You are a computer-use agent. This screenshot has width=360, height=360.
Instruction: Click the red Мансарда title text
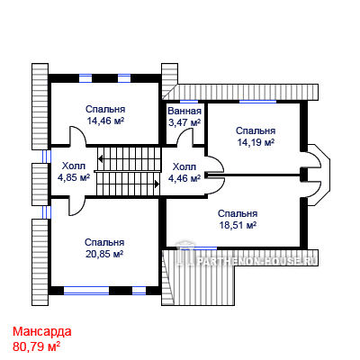[x=42, y=332]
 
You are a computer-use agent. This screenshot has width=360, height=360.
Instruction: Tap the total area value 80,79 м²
[x=36, y=346]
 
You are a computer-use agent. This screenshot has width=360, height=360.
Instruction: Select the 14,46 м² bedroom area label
[x=105, y=121]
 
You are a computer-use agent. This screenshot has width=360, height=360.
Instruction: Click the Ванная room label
[x=184, y=111]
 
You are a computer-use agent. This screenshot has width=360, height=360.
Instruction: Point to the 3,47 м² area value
[x=184, y=122]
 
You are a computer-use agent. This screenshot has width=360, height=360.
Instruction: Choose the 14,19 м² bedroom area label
[x=256, y=142]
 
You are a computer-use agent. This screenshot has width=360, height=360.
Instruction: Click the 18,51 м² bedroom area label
[x=238, y=225]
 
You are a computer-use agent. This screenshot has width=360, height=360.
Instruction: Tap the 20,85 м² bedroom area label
[x=104, y=254]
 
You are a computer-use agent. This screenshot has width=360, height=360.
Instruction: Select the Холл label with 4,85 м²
[x=74, y=166]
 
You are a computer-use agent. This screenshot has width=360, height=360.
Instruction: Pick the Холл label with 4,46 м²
[x=184, y=166]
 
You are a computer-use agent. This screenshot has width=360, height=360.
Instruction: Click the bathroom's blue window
[x=189, y=102]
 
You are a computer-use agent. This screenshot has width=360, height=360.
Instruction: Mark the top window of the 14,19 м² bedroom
[x=257, y=102]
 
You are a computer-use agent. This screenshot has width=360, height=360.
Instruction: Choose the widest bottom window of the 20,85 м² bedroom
[x=86, y=290]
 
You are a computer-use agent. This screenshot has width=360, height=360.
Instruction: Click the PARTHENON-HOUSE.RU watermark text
[x=256, y=261]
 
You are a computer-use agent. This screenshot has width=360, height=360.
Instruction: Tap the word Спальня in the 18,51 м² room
[x=238, y=213]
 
